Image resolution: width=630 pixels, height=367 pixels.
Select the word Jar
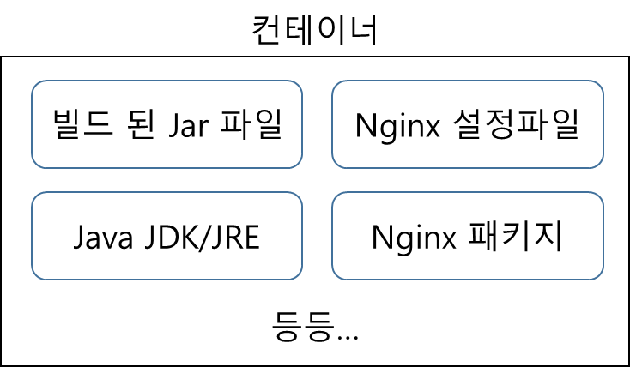coord(193,125)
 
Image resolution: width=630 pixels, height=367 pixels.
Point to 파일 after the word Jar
coord(254,124)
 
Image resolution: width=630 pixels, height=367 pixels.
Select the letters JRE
coord(237,237)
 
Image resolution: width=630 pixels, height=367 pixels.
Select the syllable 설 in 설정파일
coord(469,124)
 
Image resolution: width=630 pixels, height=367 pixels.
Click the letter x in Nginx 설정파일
coord(433,127)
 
